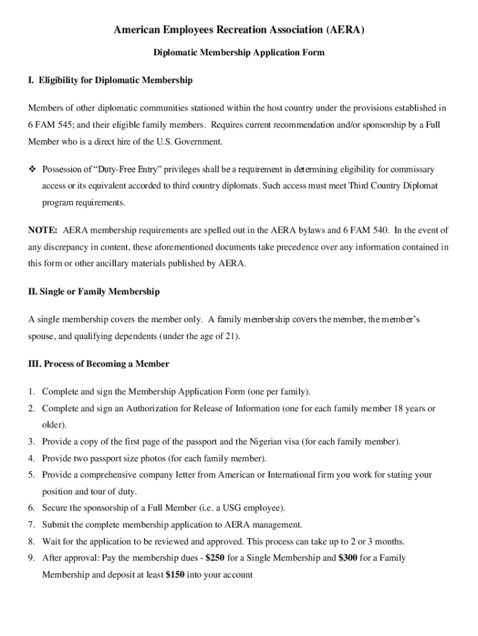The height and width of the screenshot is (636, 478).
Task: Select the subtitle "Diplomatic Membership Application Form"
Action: [239, 53]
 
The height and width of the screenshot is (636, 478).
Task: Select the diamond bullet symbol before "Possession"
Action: [32, 170]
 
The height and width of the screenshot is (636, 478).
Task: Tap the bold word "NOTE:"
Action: [43, 230]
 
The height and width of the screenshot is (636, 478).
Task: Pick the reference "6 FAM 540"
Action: [366, 230]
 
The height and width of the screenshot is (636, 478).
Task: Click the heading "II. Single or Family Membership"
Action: [94, 291]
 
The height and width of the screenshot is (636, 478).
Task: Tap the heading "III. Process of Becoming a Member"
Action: [98, 363]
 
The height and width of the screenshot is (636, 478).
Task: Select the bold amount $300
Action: [348, 558]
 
